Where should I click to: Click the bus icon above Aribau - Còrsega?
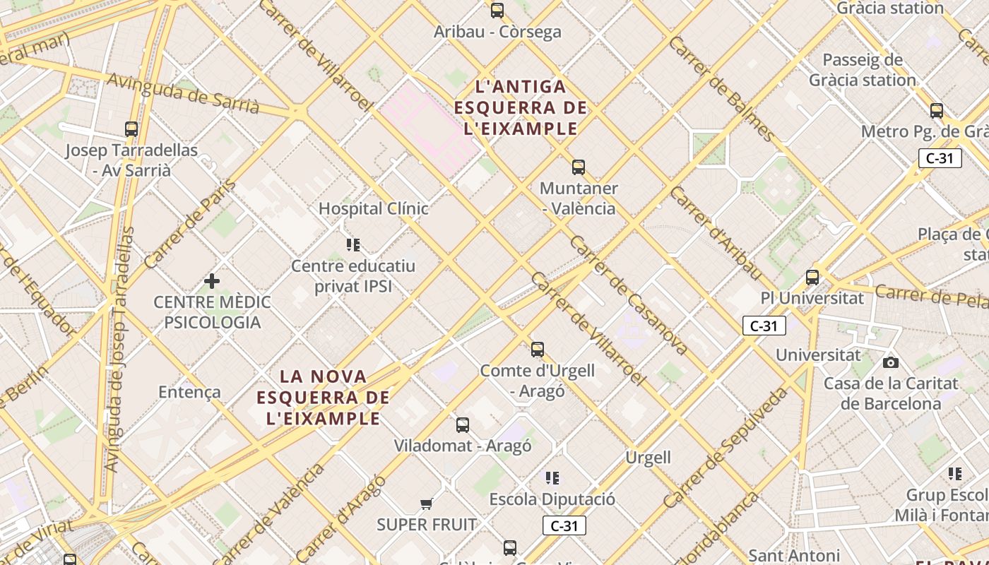point(497,11)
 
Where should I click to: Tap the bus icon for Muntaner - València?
point(579,167)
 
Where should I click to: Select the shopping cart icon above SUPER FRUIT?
point(426,504)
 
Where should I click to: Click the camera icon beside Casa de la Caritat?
point(891,362)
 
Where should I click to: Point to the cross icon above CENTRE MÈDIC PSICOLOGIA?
point(211,281)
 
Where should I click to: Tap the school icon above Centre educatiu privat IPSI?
point(353,245)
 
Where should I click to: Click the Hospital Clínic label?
point(373,208)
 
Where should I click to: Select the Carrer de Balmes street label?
point(721,88)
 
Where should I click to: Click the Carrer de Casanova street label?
point(628,295)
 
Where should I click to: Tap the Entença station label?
point(189,392)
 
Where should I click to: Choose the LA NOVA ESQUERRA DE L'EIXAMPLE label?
point(323,397)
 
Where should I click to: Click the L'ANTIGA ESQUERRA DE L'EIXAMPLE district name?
point(521,107)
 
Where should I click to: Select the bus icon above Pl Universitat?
point(812,277)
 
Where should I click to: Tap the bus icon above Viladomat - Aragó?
point(462,425)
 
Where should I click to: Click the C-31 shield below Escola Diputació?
point(564,525)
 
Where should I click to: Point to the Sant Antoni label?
point(793,555)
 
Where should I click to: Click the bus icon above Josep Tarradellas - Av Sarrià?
point(131,129)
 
